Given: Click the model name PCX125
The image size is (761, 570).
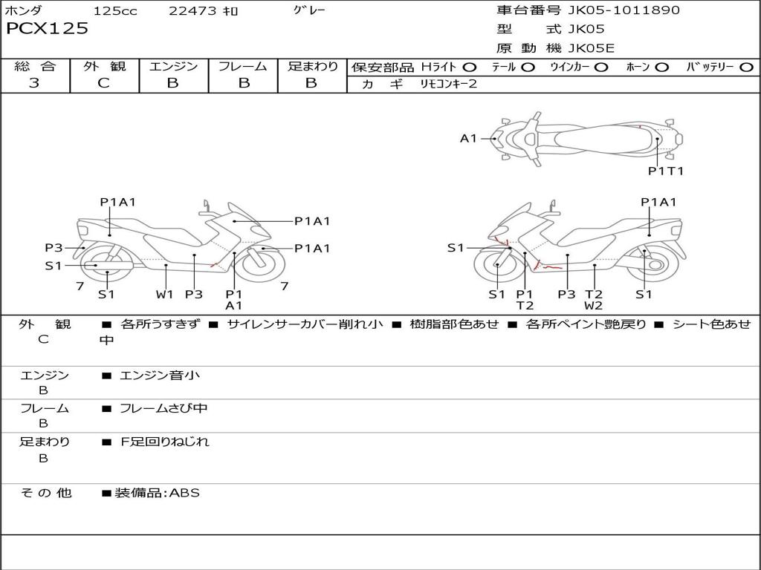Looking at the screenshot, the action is (48, 29).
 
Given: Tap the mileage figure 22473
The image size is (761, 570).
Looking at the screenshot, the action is (192, 11).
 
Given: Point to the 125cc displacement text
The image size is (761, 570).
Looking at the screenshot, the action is (115, 11).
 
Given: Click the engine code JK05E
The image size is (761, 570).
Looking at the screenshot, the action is (592, 49).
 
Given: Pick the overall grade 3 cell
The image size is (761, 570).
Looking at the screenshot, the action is (34, 83).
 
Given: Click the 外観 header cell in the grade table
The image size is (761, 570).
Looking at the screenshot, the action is (104, 67).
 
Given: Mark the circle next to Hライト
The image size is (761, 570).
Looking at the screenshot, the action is (470, 68).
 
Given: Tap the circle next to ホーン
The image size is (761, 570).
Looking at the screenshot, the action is (662, 68).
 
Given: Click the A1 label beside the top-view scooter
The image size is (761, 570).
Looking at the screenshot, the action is (468, 138).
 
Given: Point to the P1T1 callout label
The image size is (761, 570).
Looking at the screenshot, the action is (665, 171).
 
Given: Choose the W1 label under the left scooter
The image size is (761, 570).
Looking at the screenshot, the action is (164, 294).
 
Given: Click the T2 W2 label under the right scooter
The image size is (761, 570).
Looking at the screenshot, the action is (593, 300).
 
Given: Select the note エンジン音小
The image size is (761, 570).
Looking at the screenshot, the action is (160, 376).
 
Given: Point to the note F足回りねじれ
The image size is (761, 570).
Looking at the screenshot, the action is (165, 442).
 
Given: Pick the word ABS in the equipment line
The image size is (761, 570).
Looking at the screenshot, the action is (185, 492).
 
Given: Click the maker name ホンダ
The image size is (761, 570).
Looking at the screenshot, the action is (24, 11).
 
